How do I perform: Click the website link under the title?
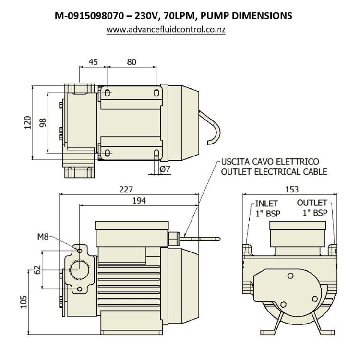(x=166, y=29)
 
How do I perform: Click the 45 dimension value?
(x=93, y=61)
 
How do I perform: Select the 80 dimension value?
(x=132, y=61)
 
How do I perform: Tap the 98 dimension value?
(x=43, y=123)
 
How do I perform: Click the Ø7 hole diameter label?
(x=165, y=168)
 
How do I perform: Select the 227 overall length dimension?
(x=126, y=189)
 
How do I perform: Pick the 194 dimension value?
(x=138, y=200)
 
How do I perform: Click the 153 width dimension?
(x=291, y=189)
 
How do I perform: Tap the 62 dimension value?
(x=36, y=270)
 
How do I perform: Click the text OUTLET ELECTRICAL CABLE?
(x=274, y=171)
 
